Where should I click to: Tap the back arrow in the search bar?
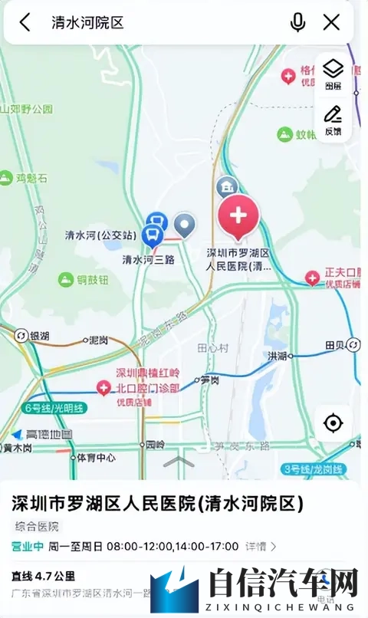pyautogui.click(x=25, y=22)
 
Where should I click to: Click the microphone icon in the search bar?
pyautogui.click(x=297, y=22)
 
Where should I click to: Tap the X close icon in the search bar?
pyautogui.click(x=331, y=22)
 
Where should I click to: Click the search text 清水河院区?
pyautogui.click(x=87, y=22)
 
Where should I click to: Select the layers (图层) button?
pyautogui.click(x=333, y=74)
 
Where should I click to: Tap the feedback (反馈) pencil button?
pyautogui.click(x=333, y=120)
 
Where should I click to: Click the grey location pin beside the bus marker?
pyautogui.click(x=185, y=225)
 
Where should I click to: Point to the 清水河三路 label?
pyautogui.click(x=149, y=260)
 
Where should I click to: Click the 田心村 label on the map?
pyautogui.click(x=213, y=347)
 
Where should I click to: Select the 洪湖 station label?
pyautogui.click(x=277, y=356)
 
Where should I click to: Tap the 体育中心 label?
pyautogui.click(x=97, y=458)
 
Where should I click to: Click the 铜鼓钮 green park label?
pyautogui.click(x=92, y=280)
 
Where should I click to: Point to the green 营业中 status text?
pyautogui.click(x=28, y=547)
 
